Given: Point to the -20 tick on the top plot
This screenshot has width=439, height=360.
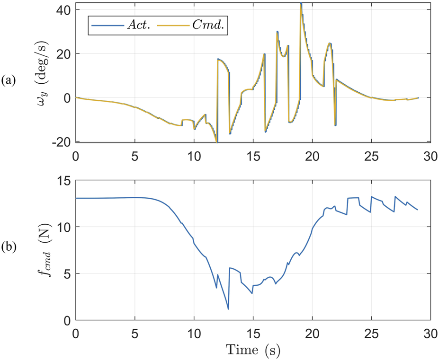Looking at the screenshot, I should click(x=63, y=141).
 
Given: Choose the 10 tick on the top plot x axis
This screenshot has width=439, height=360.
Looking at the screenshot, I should click(x=194, y=155).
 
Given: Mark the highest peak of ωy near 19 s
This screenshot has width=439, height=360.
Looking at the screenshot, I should click(x=301, y=4).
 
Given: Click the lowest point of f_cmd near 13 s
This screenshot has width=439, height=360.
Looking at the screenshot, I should click(x=228, y=309).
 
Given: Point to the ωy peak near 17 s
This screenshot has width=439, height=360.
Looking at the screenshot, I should click(x=277, y=31).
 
